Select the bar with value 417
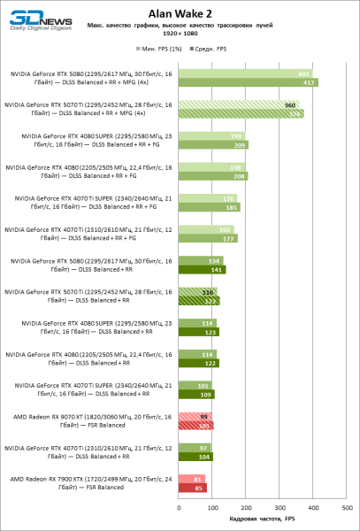click(249, 82)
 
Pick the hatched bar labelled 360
click(239, 104)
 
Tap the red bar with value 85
click(192, 487)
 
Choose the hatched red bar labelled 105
click(195, 426)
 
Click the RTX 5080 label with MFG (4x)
click(88, 78)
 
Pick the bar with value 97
click(194, 447)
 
